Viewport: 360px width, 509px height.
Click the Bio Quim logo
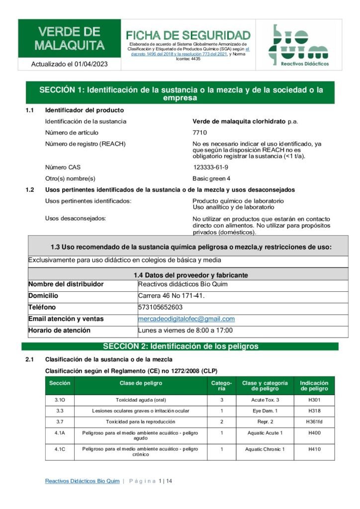pos(298,45)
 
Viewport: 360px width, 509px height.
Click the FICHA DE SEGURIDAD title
pos(188,35)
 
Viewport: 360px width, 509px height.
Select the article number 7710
pos(199,133)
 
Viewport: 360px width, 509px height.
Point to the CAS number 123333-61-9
pos(211,168)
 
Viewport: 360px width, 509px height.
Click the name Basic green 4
pos(211,178)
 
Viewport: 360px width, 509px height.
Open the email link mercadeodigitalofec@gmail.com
pos(186,319)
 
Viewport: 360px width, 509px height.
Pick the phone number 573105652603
pos(161,307)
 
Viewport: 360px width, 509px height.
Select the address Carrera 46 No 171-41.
pos(171,296)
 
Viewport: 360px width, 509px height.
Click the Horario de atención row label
pos(59,331)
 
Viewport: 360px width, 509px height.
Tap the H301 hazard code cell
pos(314,400)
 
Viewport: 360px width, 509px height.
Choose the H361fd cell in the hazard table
pos(314,422)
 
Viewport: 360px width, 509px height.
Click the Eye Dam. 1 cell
pos(265,411)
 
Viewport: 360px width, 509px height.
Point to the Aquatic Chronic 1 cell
pos(265,449)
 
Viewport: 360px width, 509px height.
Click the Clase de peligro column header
pos(141,383)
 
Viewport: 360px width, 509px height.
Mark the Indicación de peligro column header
pos(314,386)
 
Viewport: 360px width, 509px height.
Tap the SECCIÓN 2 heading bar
pos(180,346)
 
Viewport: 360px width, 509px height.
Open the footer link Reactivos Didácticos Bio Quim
pos(82,481)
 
